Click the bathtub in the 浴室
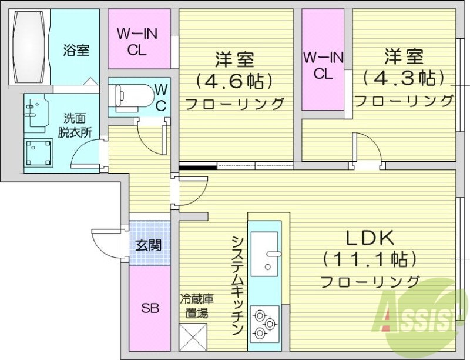point(29,48)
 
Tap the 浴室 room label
point(76,50)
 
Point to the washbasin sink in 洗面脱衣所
point(36,112)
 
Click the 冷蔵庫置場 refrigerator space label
point(193,305)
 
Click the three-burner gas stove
point(264,324)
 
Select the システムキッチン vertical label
point(238,285)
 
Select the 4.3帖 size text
point(404,78)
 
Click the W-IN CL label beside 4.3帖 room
point(323,65)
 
